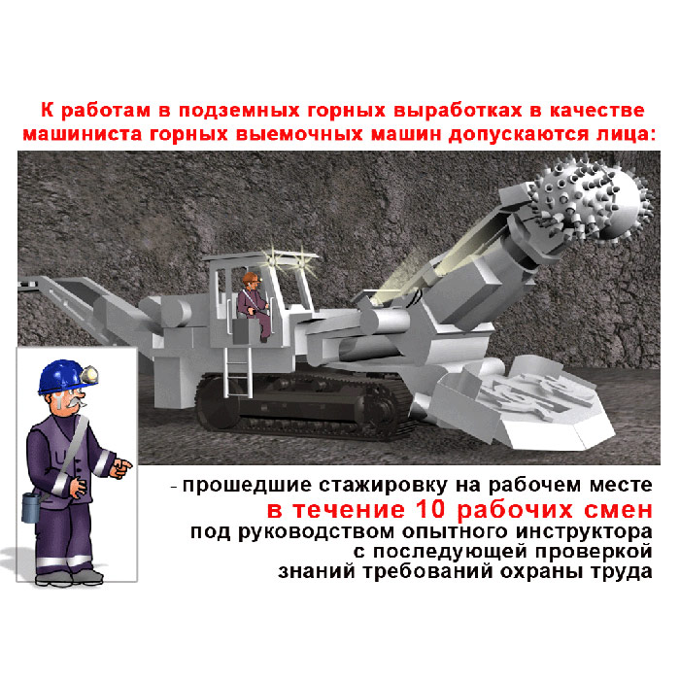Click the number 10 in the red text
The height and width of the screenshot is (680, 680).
(430, 509)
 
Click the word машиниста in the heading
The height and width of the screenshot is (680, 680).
(82, 134)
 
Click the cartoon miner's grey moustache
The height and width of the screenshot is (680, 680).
(73, 404)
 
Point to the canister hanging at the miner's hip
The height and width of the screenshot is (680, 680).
(30, 507)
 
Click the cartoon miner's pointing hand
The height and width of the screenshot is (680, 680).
(121, 468)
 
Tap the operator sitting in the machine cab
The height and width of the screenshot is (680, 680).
(255, 305)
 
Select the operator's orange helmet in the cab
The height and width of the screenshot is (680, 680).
(252, 278)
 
